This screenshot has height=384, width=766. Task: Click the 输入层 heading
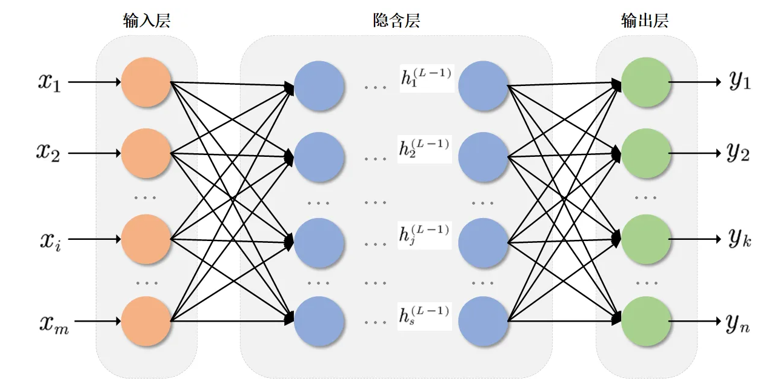146,21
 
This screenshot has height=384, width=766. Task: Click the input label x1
50,82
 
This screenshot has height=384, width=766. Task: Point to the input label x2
50,153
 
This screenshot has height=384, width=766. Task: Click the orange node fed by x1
146,82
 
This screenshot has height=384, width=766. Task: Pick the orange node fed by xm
146,321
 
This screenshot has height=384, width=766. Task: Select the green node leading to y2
646,153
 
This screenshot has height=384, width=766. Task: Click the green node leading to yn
646,321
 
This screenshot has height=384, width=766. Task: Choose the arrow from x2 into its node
95,153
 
